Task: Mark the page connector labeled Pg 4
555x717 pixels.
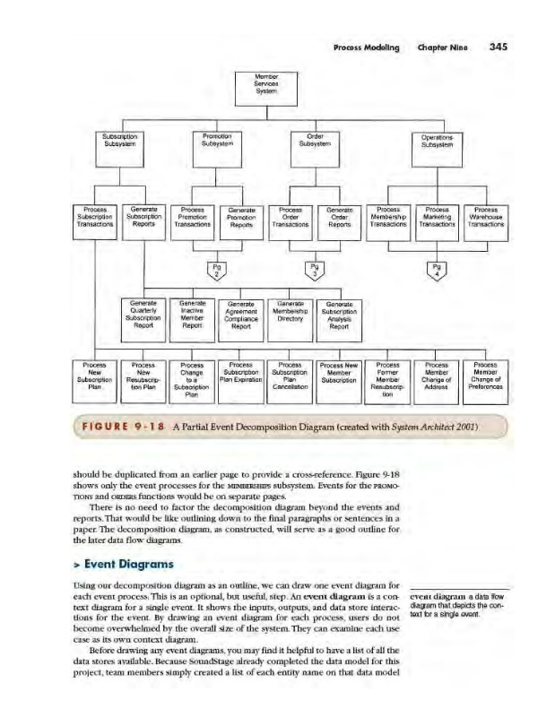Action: click(437, 270)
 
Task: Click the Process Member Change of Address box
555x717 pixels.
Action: click(437, 376)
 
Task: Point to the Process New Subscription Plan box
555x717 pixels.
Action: click(95, 376)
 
